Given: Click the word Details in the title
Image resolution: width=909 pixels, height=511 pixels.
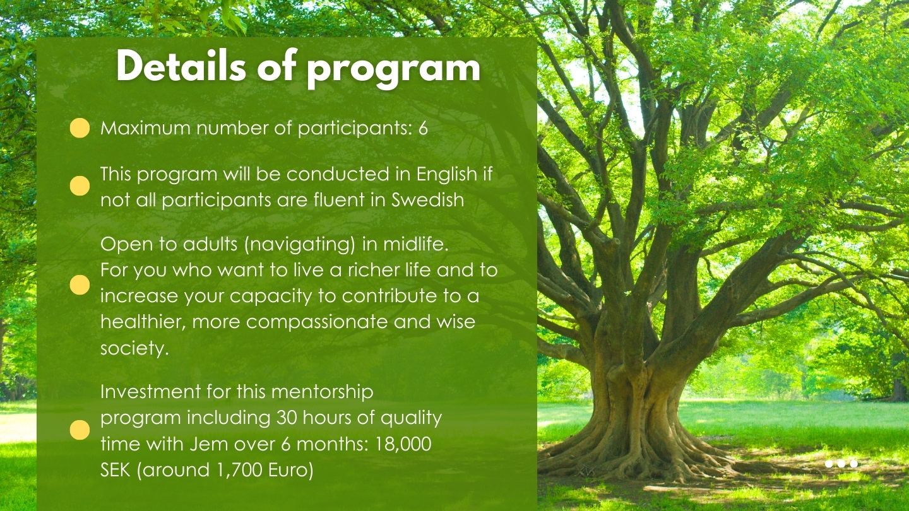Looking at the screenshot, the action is point(181,66).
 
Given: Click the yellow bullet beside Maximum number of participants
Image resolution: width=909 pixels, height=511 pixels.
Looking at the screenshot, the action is point(80,128).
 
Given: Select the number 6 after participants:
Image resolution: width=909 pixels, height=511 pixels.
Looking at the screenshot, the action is point(423,128).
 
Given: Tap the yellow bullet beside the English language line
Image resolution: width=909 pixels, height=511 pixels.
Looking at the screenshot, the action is point(80,186).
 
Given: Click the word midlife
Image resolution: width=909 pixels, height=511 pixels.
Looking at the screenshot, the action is point(415,244).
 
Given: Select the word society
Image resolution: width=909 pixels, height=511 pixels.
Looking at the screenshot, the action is point(134,348).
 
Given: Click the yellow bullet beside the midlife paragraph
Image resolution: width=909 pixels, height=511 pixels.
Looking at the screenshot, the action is point(80,285).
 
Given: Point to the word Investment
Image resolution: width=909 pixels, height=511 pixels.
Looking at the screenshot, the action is point(150,392).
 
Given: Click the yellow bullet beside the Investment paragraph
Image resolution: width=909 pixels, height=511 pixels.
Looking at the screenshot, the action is point(80,430).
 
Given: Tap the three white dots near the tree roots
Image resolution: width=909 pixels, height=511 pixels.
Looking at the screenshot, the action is point(841,464).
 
